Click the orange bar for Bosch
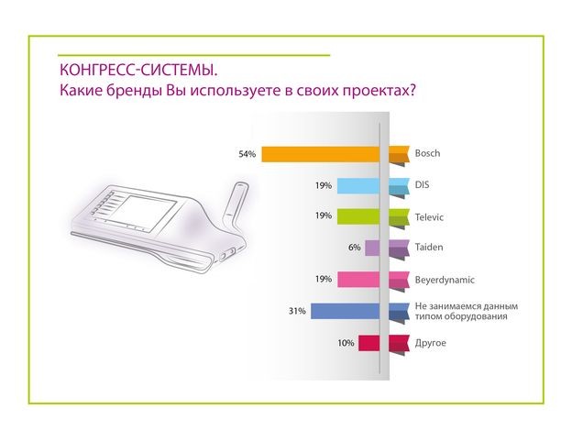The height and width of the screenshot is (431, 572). [x=321, y=154]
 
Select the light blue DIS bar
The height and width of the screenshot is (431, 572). [x=358, y=185]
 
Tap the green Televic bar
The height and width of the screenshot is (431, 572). [x=358, y=216]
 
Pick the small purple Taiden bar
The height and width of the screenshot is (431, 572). [x=372, y=248]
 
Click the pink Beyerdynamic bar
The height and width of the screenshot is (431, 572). [x=358, y=280]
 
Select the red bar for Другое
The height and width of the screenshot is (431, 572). [x=368, y=343]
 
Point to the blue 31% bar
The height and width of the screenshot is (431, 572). [x=345, y=311]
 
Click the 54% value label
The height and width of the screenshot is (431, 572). [x=247, y=154]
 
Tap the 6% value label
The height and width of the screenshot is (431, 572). [x=354, y=248]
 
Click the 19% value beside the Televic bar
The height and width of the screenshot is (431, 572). [x=323, y=216]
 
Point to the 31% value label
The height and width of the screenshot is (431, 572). [x=296, y=311]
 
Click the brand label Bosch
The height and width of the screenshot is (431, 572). [x=428, y=153]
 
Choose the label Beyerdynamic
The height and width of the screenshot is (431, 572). [x=445, y=279]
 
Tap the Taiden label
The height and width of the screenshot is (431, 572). [x=430, y=247]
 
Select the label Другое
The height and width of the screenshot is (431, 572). [x=432, y=342]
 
